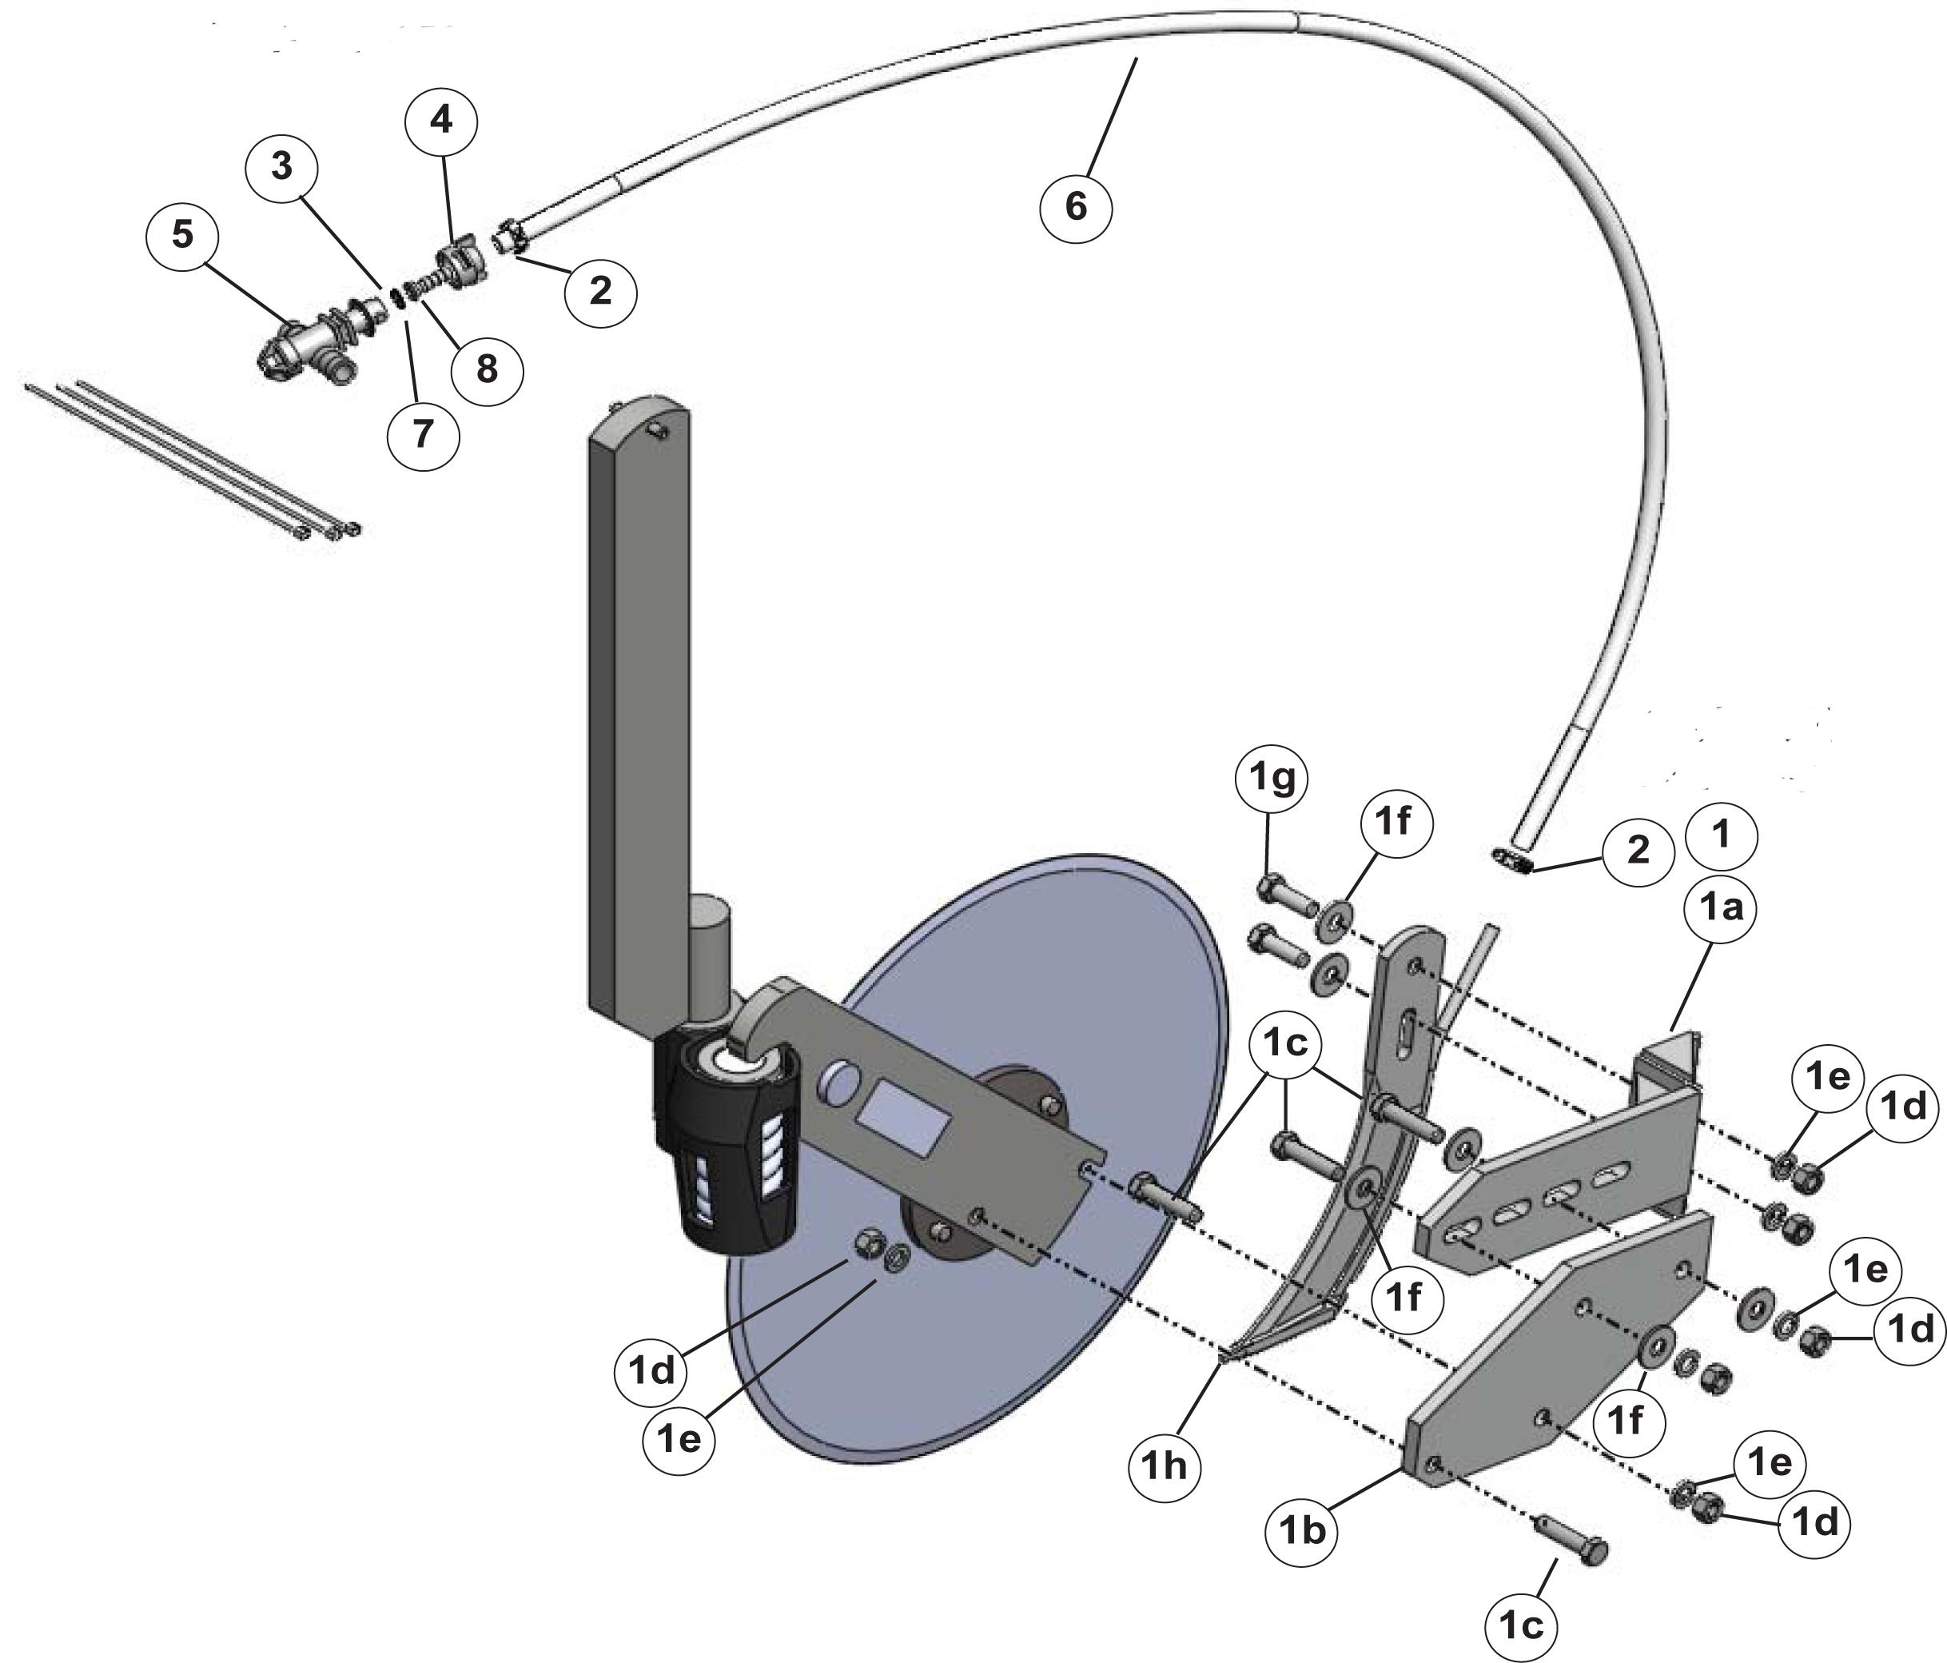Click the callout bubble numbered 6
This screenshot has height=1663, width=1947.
pos(1076,206)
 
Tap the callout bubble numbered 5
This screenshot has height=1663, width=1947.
pos(182,234)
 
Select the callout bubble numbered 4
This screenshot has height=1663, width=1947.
pos(442,122)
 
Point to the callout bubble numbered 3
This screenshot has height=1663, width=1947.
pos(281,166)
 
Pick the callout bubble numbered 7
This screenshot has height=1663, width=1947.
pos(423,433)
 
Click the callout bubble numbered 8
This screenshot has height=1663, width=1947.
pos(487,369)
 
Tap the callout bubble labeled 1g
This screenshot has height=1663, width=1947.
pos(1272,780)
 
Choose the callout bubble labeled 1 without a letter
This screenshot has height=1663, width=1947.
pos(1722,834)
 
